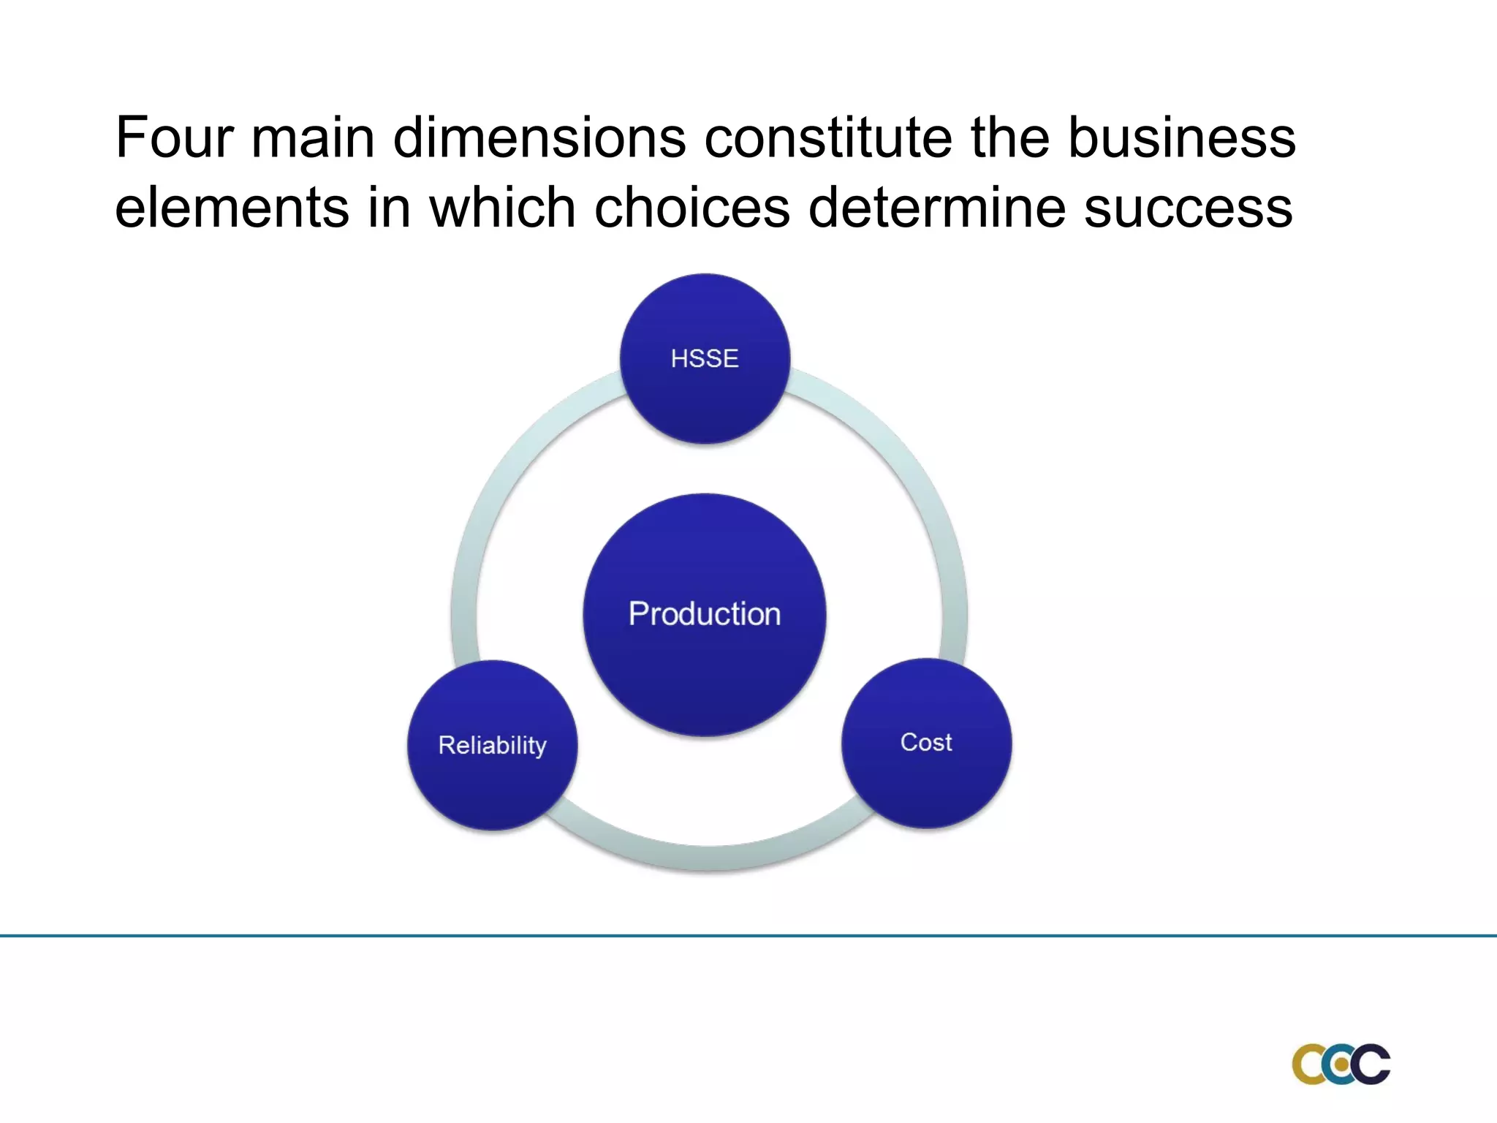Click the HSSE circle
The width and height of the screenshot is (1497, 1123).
[705, 358]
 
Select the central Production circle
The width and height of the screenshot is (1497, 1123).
[705, 614]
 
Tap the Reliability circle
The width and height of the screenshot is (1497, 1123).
[492, 745]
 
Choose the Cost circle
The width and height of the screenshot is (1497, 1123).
[926, 743]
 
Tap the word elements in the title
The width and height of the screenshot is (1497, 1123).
[232, 208]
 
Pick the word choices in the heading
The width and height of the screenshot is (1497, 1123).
[691, 208]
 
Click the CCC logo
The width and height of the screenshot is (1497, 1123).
[1341, 1065]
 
